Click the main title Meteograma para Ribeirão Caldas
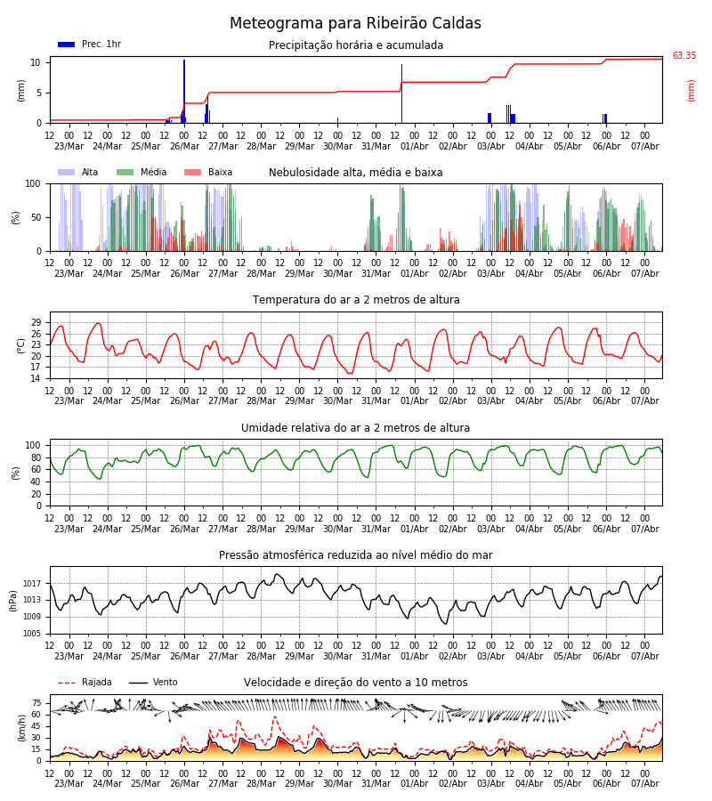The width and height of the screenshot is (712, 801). [355, 23]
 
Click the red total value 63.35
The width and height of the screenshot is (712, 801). [684, 56]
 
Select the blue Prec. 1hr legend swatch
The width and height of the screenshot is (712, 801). [67, 44]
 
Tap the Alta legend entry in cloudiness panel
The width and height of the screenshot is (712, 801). [78, 172]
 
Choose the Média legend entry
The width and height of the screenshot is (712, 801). [142, 172]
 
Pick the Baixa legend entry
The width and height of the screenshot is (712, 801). [208, 172]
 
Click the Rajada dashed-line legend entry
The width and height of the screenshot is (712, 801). [85, 682]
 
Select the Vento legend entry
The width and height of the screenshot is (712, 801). [153, 682]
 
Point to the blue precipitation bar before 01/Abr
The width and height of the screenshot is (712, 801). [401, 93]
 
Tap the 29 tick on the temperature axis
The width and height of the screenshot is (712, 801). [36, 322]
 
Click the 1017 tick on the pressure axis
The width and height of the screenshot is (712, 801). [33, 583]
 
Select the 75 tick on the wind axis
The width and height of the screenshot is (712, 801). [36, 703]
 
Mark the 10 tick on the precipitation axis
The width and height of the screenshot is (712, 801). [36, 62]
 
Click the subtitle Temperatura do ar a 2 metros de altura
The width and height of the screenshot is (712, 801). [356, 300]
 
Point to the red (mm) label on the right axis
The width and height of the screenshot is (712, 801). [691, 91]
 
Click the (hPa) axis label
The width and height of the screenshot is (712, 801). [12, 601]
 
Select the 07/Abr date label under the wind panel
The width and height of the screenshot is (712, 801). [645, 783]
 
